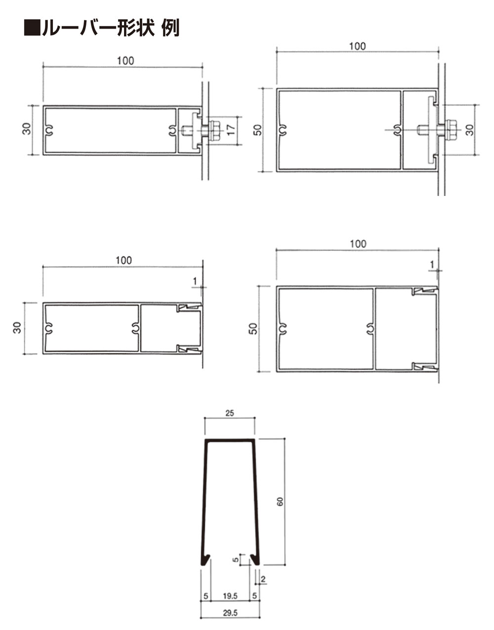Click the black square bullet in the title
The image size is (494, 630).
[32, 28]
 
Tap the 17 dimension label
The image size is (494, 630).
[231, 130]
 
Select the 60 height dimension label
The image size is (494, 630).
[280, 502]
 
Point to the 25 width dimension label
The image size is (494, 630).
[230, 413]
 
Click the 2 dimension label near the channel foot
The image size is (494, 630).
[263, 579]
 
